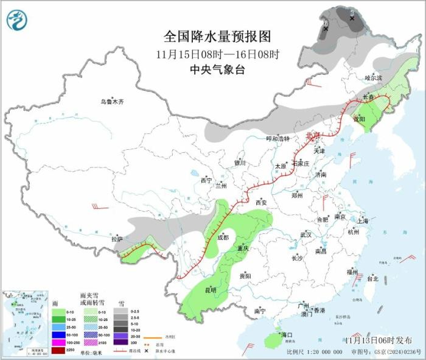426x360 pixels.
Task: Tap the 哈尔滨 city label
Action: [x=374, y=79]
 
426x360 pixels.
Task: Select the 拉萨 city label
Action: [x=117, y=239]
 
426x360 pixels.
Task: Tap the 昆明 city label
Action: [x=210, y=289]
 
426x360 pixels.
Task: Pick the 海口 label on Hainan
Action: [x=286, y=335]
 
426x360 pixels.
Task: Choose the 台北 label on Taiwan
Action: [x=373, y=278]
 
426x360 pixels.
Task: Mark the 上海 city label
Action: [x=363, y=221]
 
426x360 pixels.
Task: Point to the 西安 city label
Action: [x=261, y=202]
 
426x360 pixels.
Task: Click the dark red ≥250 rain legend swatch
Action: [x=57, y=350]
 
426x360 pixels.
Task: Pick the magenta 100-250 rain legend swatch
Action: [x=57, y=342]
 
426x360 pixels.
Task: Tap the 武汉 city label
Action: [x=306, y=235]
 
